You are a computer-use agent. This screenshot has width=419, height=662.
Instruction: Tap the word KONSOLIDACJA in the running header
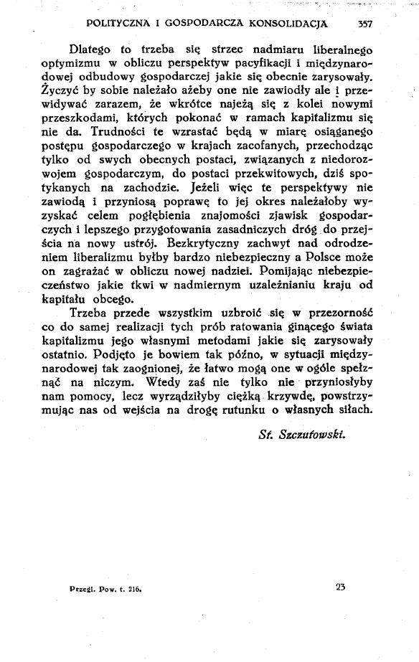tap(287, 24)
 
